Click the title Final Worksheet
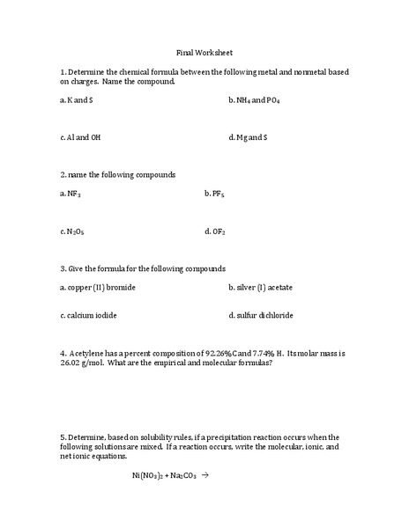(204, 53)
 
